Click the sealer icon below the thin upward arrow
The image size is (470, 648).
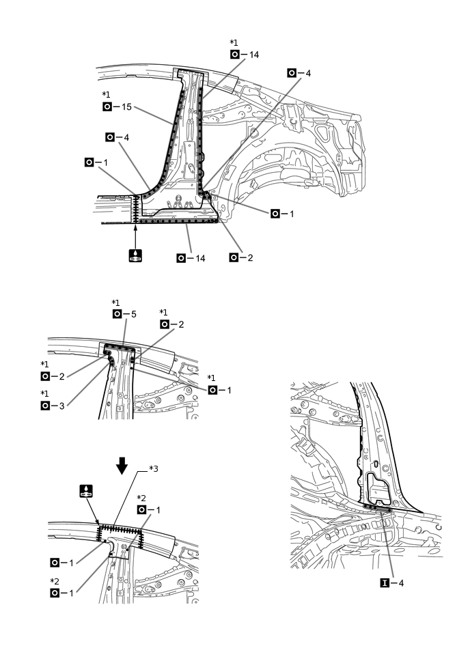136,256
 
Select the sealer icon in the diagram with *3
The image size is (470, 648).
86,491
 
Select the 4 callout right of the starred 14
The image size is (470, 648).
299,72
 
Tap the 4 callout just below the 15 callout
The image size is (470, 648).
117,137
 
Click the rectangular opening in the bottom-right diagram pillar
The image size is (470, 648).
376,485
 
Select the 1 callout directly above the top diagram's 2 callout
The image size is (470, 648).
283,214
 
